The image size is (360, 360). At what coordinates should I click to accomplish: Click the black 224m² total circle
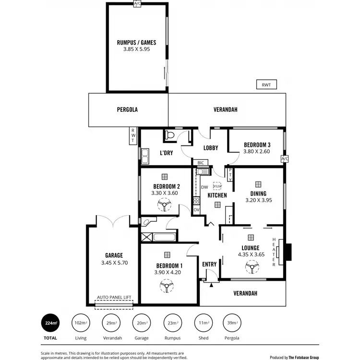pos(49,323)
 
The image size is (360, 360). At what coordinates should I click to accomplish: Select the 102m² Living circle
pos(80,323)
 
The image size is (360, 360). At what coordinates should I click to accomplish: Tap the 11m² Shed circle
pos(202,323)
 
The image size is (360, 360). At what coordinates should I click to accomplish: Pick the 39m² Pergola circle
pos(232,323)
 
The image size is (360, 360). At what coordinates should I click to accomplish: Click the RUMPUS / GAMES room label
pos(136,42)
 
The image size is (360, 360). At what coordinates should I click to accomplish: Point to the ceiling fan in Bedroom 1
pos(167,287)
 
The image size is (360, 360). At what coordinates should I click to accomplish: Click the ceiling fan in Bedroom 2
pos(165,206)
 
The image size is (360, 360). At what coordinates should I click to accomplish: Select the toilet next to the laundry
pos(169,136)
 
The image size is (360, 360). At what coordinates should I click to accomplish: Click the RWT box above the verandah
pos(266,85)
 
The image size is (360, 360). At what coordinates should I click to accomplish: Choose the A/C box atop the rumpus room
pos(138,4)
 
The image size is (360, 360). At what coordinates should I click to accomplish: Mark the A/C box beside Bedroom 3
pos(285,159)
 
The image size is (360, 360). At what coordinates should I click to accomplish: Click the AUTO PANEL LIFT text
pos(114,298)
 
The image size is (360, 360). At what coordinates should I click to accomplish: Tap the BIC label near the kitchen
pos(201,162)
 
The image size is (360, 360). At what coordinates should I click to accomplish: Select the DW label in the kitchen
pos(204,187)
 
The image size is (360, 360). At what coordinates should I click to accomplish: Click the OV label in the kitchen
pos(196,210)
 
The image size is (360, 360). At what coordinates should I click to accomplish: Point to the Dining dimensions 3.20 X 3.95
pos(259,200)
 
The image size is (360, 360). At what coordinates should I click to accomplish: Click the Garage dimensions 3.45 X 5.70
pos(114,263)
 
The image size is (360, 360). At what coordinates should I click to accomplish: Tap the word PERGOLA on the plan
pos(127,109)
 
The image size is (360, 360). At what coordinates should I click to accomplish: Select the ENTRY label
pos(209,264)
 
